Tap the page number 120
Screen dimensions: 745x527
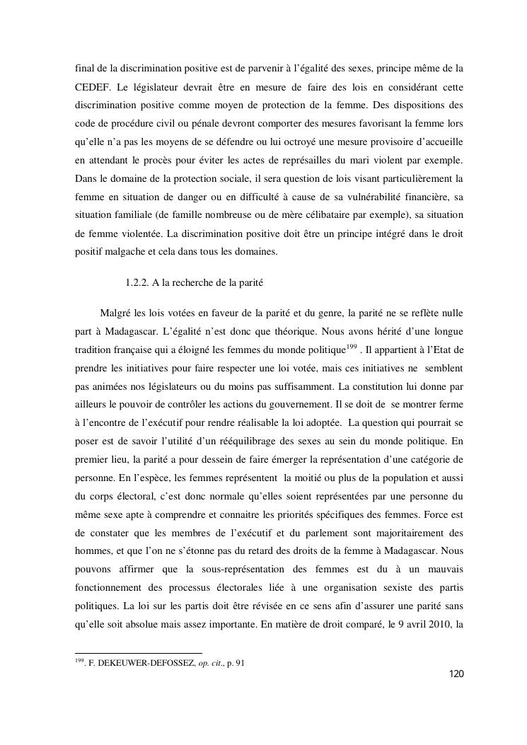pyautogui.click(x=456, y=674)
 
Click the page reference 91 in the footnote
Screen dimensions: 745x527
pyautogui.click(x=240, y=664)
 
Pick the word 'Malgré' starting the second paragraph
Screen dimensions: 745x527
pyautogui.click(x=116, y=313)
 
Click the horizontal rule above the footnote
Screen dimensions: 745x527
pyautogui.click(x=138, y=653)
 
